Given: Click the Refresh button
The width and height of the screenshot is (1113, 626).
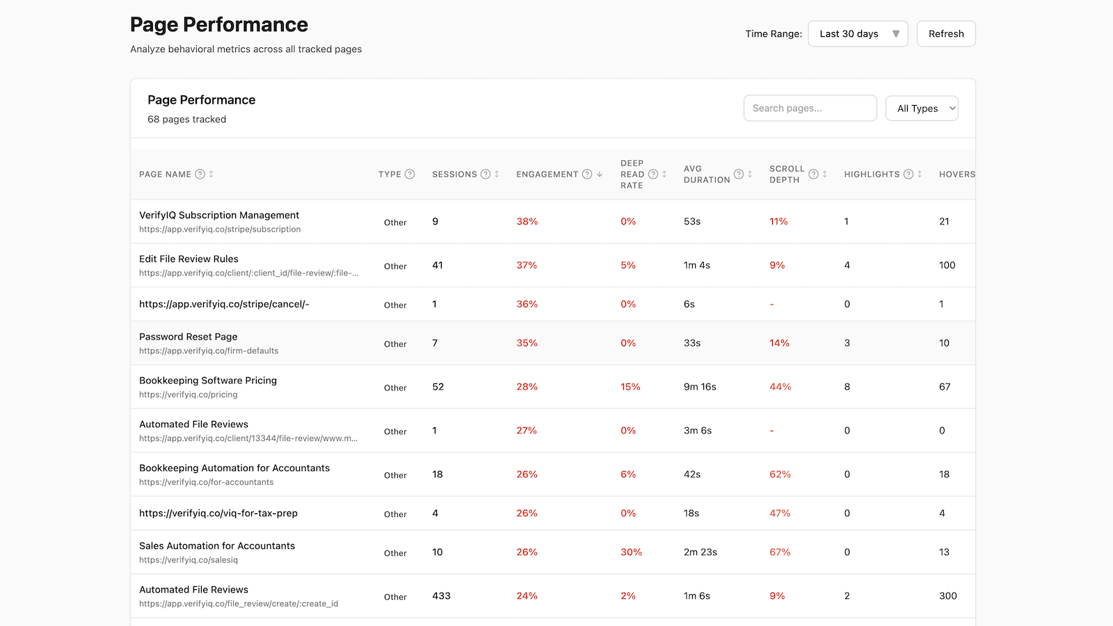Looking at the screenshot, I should click(946, 34).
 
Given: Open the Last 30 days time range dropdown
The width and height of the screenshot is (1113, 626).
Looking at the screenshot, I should click(858, 34).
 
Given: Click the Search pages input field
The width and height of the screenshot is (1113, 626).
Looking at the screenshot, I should click(810, 109).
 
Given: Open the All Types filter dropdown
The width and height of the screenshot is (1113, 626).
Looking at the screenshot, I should click(922, 109).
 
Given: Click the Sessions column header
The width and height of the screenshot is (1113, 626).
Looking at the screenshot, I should click(454, 175).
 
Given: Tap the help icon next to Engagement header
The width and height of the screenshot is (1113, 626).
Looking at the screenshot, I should click(587, 175).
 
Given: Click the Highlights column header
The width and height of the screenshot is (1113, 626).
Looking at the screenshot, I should click(872, 175).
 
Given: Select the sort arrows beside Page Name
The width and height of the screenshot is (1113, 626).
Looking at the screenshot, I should click(211, 175).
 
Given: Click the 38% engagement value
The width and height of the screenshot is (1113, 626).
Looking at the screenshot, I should click(527, 222).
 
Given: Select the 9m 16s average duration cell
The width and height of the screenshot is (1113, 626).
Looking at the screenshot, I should click(700, 387).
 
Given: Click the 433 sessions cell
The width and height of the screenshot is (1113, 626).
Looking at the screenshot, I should click(441, 596).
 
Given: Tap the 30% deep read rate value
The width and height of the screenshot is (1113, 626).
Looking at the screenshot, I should click(631, 552).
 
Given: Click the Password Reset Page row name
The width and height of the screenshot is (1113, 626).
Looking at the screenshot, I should click(188, 337).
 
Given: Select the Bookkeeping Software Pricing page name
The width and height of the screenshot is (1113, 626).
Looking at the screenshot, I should click(208, 380).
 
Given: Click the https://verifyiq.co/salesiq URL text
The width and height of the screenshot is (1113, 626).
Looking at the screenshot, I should click(189, 560).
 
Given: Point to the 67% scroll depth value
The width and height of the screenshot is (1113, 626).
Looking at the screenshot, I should click(780, 552).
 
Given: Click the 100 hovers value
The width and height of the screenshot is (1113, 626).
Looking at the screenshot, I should click(947, 266).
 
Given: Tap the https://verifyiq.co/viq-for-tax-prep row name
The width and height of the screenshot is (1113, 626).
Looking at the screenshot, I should click(218, 513).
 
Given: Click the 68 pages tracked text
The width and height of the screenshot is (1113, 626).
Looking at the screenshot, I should click(186, 120).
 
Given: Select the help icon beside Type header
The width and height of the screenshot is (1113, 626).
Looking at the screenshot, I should click(410, 175).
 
